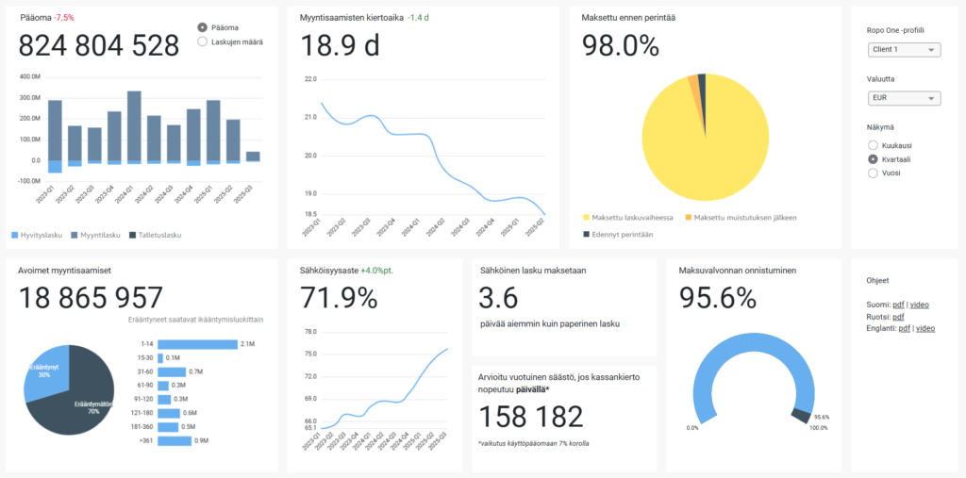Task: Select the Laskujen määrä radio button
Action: (203, 41)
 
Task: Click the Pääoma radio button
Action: (203, 27)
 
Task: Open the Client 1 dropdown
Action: (903, 50)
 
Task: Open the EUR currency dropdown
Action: (903, 98)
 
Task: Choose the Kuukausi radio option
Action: (873, 146)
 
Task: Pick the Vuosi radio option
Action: (873, 173)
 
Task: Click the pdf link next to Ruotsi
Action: (898, 317)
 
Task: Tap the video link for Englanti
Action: (925, 328)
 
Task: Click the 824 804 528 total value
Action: (99, 46)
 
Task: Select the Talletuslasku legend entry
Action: (155, 235)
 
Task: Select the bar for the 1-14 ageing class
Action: (197, 344)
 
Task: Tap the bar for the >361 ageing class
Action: (175, 440)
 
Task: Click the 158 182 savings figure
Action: (531, 416)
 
